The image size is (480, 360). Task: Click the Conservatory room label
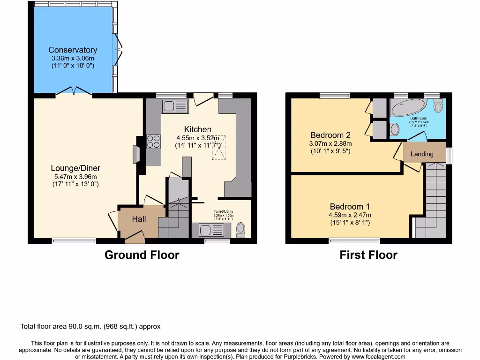[73, 50]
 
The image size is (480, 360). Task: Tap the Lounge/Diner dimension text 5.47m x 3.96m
[75, 177]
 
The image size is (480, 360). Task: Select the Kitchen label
[197, 129]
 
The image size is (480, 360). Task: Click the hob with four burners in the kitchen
[153, 141]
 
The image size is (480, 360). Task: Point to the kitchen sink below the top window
[174, 106]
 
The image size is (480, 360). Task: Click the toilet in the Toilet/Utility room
[241, 229]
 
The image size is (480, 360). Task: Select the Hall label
[139, 219]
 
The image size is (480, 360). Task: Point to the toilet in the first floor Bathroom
[438, 106]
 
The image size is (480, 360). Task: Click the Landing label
[422, 154]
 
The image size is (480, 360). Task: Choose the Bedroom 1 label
[350, 207]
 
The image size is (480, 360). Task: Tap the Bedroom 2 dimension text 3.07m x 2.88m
[330, 143]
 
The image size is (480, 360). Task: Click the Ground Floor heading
[142, 255]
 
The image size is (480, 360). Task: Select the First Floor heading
[368, 255]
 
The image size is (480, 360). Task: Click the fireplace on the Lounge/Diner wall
[136, 154]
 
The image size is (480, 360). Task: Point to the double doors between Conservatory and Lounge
[74, 92]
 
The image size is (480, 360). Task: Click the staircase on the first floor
[435, 197]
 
